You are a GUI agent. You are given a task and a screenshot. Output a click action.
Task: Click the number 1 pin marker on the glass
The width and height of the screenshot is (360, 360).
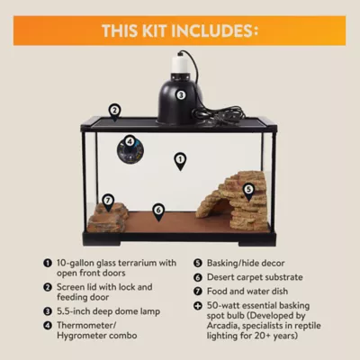(180, 161)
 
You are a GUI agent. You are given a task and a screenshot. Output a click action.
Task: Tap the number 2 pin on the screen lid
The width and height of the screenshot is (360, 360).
(114, 112)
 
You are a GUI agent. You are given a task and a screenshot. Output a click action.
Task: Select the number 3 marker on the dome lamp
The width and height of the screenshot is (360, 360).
(181, 95)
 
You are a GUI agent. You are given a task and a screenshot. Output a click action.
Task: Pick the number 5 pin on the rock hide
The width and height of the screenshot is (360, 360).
(248, 192)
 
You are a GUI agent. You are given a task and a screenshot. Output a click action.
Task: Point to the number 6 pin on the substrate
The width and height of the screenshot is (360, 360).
(158, 211)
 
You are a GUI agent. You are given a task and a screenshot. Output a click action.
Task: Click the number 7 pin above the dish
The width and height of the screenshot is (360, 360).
(108, 202)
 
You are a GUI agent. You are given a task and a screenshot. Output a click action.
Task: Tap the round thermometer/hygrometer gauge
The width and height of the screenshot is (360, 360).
(130, 148)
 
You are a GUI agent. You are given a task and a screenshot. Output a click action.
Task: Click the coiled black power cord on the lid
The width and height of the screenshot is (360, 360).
(216, 114)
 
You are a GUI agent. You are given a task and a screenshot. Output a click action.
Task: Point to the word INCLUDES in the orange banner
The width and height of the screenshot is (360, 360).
(214, 31)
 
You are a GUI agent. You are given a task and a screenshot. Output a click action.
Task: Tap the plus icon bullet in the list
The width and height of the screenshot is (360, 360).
(198, 306)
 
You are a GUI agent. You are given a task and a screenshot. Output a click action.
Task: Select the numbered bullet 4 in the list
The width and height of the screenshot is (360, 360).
(48, 325)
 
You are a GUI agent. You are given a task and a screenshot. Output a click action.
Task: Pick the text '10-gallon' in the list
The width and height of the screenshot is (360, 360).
(75, 263)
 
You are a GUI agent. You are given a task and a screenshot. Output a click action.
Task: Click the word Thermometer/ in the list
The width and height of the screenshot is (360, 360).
(86, 325)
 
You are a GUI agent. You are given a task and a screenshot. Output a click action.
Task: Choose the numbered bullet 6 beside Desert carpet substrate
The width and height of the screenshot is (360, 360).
(198, 277)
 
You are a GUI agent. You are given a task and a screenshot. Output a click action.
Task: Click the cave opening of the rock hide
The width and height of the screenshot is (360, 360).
(221, 208)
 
